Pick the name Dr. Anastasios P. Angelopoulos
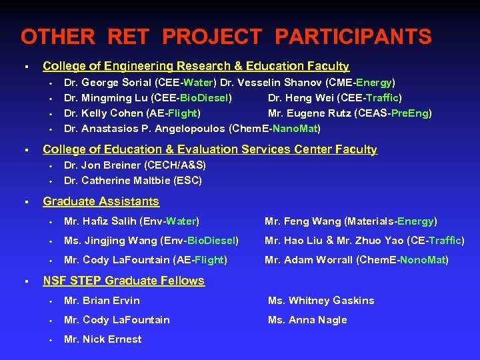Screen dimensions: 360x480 click(145, 128)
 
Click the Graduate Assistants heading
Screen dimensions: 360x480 click(101, 201)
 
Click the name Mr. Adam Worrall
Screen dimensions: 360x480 click(310, 260)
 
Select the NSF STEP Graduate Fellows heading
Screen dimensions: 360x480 click(123, 281)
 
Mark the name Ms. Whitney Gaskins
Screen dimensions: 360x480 click(321, 301)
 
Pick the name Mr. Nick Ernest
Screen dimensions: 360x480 click(103, 339)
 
